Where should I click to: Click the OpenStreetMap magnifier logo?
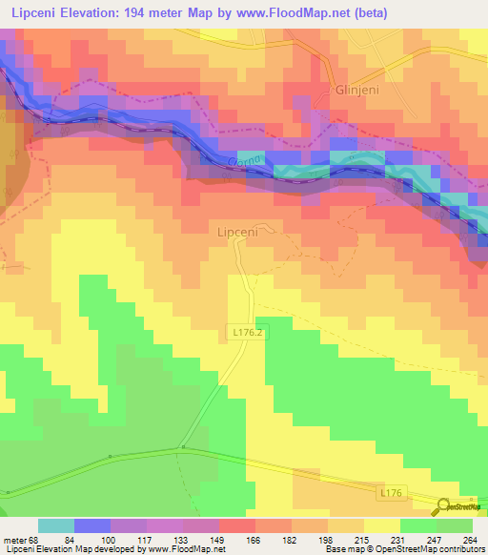[x=445, y=506]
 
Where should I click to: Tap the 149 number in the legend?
[x=201, y=540]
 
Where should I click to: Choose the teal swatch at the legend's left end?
[x=56, y=525]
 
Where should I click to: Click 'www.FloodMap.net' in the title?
[x=293, y=12]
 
